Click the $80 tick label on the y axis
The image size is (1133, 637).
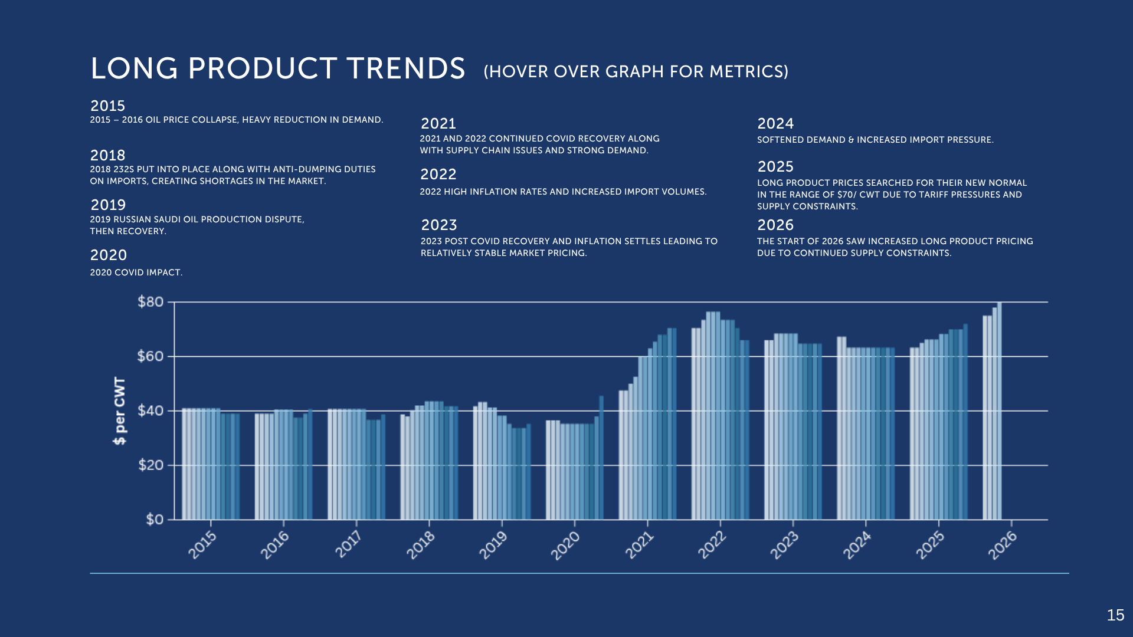pyautogui.click(x=150, y=302)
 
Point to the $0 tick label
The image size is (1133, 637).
pyautogui.click(x=155, y=520)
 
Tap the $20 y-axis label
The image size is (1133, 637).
pyautogui.click(x=150, y=465)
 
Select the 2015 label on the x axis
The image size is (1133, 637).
pyautogui.click(x=202, y=545)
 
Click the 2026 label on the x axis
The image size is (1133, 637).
pyautogui.click(x=1003, y=545)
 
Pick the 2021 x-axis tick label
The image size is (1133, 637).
pyautogui.click(x=639, y=545)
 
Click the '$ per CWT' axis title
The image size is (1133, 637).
pyautogui.click(x=120, y=411)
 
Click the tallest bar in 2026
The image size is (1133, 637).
pyautogui.click(x=999, y=411)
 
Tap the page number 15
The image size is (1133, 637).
pyautogui.click(x=1115, y=615)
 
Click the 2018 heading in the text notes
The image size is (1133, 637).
pyautogui.click(x=107, y=155)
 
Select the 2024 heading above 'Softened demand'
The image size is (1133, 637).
pyautogui.click(x=775, y=123)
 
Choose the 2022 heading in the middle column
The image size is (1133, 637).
pyautogui.click(x=438, y=174)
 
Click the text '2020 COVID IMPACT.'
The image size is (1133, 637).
pyautogui.click(x=136, y=272)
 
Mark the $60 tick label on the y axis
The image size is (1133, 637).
pyautogui.click(x=150, y=356)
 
